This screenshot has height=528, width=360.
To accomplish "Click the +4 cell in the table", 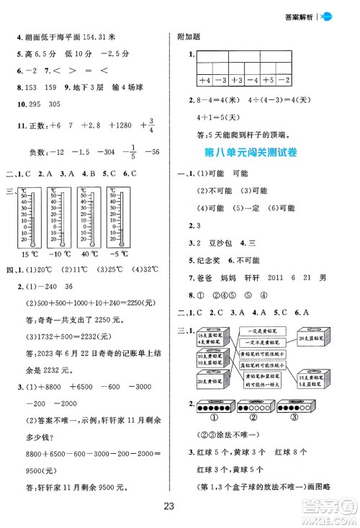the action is [204, 81].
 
